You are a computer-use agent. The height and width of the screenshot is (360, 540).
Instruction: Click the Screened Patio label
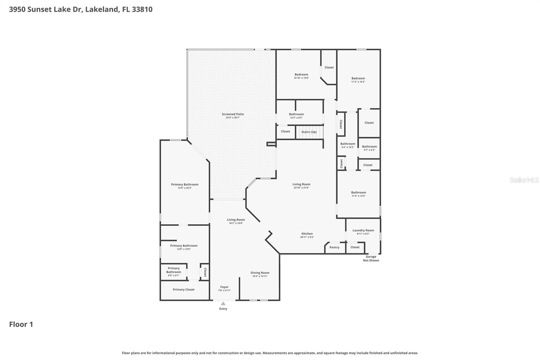pos(233,114)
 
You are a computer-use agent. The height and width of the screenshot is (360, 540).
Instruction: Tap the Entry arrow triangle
pos(223,304)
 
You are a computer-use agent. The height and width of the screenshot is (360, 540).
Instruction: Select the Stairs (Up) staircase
pos(309,132)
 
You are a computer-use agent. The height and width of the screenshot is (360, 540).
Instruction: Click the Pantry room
pos(334,247)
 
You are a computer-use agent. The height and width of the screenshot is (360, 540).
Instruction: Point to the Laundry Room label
pos(363,230)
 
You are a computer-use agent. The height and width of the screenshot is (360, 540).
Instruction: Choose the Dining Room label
pos(260,273)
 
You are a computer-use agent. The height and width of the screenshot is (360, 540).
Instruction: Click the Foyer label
pos(224,287)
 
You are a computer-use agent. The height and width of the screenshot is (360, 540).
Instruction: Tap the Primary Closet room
pos(184,290)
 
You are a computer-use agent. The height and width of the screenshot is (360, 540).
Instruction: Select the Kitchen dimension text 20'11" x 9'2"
pos(307,237)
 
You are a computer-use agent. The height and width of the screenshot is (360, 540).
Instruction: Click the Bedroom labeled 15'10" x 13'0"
pos(301,75)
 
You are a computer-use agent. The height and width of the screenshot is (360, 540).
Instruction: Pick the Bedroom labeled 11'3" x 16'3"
pos(358,78)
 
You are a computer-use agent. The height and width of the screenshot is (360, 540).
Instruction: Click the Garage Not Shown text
pos(371,258)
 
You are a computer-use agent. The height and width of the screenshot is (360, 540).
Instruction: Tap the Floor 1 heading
pos(21,325)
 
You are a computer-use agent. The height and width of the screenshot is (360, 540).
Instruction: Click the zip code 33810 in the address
pos(142,9)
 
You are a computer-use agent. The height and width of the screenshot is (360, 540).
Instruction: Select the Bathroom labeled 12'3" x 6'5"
pos(296,114)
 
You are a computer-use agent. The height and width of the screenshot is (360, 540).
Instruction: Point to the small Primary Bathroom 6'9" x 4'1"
pos(174,272)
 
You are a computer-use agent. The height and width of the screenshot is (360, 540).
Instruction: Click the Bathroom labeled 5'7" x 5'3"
pos(369,147)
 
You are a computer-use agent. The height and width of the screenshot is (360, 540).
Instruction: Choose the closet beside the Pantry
pos(355,247)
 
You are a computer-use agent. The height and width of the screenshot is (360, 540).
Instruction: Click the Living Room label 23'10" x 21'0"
pos(301,184)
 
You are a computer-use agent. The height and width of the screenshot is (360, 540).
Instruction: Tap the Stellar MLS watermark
pos(524,180)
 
